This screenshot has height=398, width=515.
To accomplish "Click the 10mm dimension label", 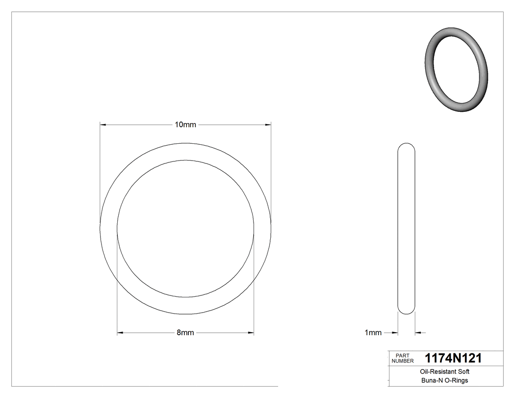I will pos(185,125).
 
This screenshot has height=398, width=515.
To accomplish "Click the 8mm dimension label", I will pos(185,333).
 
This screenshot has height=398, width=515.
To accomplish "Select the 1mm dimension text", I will pos(373,333).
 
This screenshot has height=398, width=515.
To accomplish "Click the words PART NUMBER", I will pos(402,358).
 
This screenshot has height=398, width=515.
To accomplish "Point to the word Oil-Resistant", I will pos(434,372).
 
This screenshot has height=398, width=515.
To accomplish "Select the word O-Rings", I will pos(456,380).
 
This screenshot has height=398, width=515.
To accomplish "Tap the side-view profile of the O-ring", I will pos(406,228).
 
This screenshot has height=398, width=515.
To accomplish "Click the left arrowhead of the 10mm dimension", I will pos(103,125).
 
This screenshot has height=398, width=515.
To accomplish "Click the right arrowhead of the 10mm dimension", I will pos(268,125).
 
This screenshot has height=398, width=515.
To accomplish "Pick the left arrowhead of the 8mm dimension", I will pos(120,333).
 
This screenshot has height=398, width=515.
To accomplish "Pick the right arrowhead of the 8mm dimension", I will pos(251,333).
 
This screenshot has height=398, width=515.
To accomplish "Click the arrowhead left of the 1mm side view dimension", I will pos(394,333).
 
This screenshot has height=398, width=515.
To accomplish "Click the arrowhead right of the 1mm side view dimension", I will pos(418,333).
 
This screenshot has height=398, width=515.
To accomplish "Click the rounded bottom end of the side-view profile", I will pos(406,311).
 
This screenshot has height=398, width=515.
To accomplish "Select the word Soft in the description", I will pos(463,372).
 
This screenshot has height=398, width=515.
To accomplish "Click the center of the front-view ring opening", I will pos(185,228).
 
